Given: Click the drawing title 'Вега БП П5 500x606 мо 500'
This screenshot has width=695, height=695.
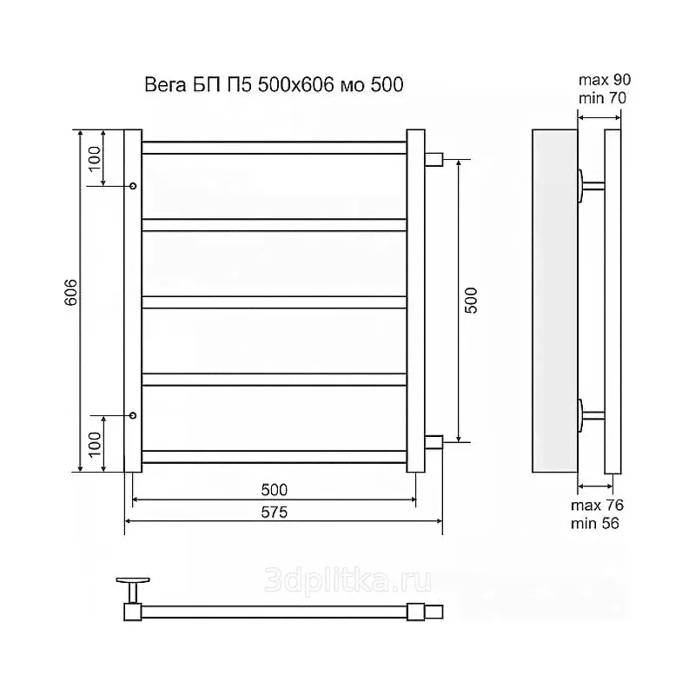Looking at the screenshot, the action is (x=274, y=84).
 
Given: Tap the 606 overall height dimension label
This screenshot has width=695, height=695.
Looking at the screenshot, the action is (x=71, y=293).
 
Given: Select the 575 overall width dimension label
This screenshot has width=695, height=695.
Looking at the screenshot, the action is (x=275, y=513).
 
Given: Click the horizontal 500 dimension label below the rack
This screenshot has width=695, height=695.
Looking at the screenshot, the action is (x=275, y=490).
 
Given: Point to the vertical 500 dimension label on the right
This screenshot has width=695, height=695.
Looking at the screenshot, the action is (x=471, y=301).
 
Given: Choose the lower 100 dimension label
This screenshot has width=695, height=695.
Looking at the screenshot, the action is (x=95, y=445).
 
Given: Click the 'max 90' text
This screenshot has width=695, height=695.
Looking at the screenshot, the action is (x=605, y=80).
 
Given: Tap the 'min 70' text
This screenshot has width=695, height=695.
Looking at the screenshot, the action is (x=602, y=97).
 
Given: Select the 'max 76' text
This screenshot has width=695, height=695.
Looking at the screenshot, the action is (x=597, y=506).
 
